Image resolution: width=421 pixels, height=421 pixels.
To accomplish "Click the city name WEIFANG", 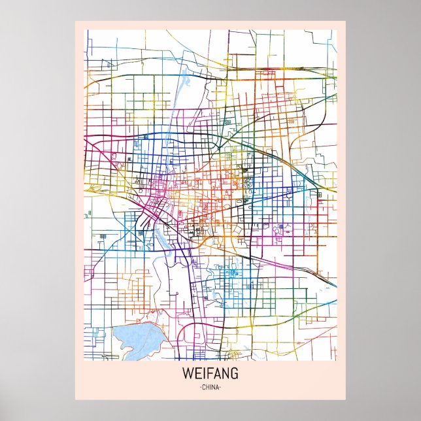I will [x=211, y=375].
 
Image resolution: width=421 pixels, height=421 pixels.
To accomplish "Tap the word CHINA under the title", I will [x=210, y=388].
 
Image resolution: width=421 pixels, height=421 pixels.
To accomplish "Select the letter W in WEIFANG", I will [x=190, y=375].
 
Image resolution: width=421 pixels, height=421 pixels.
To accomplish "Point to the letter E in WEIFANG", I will [x=198, y=375].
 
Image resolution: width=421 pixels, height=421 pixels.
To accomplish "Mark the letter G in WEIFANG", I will [x=233, y=375].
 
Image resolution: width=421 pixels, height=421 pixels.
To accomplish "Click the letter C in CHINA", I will [x=203, y=388].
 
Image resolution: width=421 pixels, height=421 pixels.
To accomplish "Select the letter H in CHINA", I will [x=207, y=388].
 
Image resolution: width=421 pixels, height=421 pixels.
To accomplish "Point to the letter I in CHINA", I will [x=210, y=388].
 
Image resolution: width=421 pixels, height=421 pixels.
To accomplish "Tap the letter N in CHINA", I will [x=214, y=388].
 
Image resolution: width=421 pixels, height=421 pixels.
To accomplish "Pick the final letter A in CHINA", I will [x=218, y=388].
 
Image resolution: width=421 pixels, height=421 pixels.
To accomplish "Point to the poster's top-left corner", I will [x=75, y=22].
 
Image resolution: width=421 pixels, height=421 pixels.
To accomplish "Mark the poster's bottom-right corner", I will [x=345, y=399].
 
